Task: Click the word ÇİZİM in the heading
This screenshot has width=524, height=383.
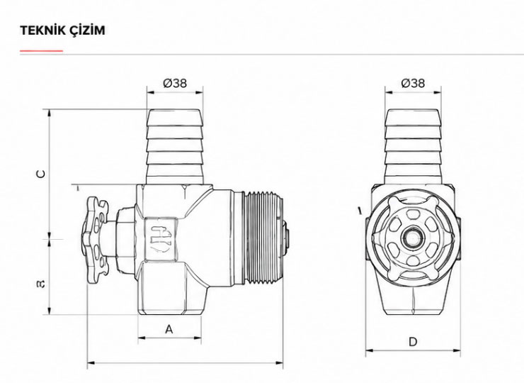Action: [x=86, y=30]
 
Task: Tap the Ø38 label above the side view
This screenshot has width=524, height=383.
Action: [x=175, y=83]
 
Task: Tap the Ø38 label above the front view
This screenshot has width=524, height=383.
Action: [x=413, y=83]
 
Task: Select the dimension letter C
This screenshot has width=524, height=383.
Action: [x=41, y=174]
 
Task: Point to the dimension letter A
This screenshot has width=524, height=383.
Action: [x=169, y=329]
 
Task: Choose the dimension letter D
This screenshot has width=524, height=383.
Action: [x=413, y=342]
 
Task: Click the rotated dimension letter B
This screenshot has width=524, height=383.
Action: [x=41, y=284]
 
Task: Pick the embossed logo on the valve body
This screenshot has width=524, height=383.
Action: [x=160, y=239]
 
